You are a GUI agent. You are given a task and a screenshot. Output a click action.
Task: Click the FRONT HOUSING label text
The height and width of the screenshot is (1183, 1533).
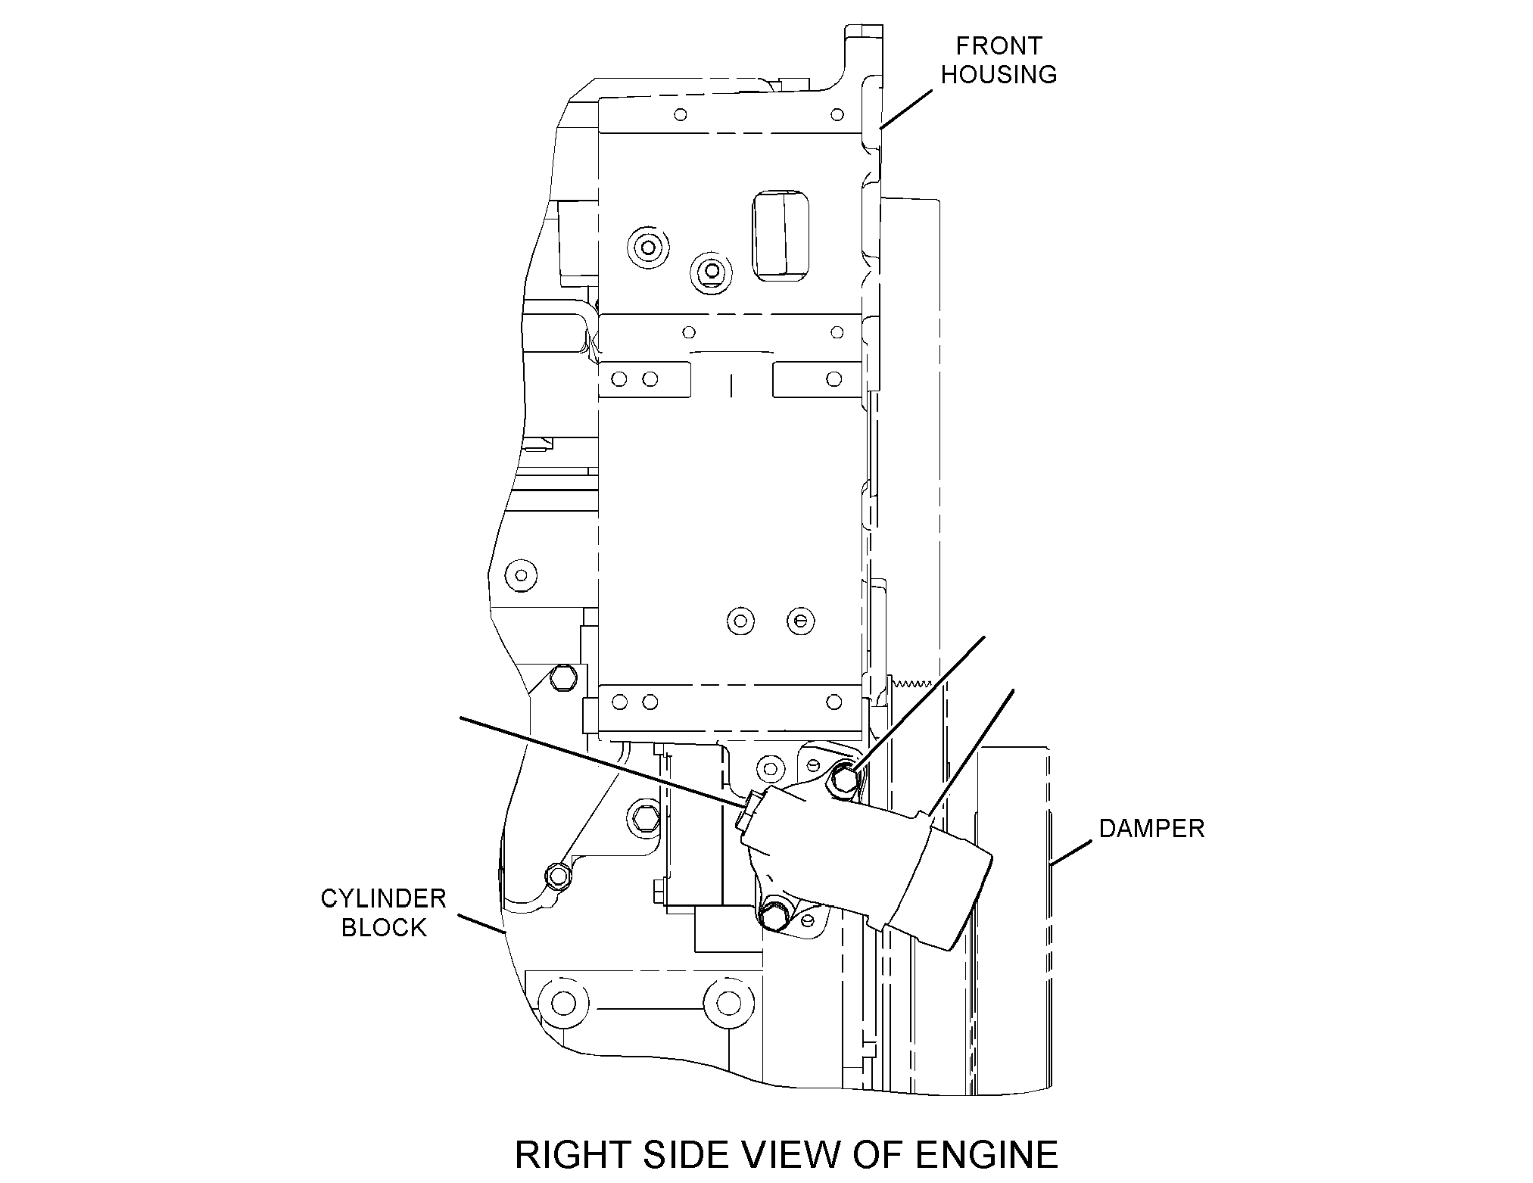[x=999, y=60]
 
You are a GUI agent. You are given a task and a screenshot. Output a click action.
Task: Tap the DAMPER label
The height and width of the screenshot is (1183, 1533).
[x=1151, y=829]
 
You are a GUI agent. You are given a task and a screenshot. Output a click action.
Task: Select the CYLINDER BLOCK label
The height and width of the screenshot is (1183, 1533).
[x=384, y=913]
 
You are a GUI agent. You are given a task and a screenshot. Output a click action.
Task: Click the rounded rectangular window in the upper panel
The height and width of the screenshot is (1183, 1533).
[x=781, y=235]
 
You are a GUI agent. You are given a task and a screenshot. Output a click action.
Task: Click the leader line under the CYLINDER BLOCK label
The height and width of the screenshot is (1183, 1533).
[x=481, y=925]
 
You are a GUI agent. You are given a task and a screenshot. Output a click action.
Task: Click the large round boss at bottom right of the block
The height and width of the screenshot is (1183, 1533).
[x=728, y=1004]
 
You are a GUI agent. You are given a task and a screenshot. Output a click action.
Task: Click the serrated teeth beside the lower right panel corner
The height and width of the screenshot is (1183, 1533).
[x=910, y=683]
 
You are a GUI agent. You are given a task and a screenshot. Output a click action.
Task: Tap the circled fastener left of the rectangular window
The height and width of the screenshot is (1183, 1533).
[x=648, y=246]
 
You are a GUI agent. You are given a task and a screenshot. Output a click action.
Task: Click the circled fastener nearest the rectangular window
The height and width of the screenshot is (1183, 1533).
[x=711, y=270]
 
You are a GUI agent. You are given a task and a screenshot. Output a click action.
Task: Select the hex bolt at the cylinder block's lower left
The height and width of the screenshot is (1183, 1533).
[x=559, y=876]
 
